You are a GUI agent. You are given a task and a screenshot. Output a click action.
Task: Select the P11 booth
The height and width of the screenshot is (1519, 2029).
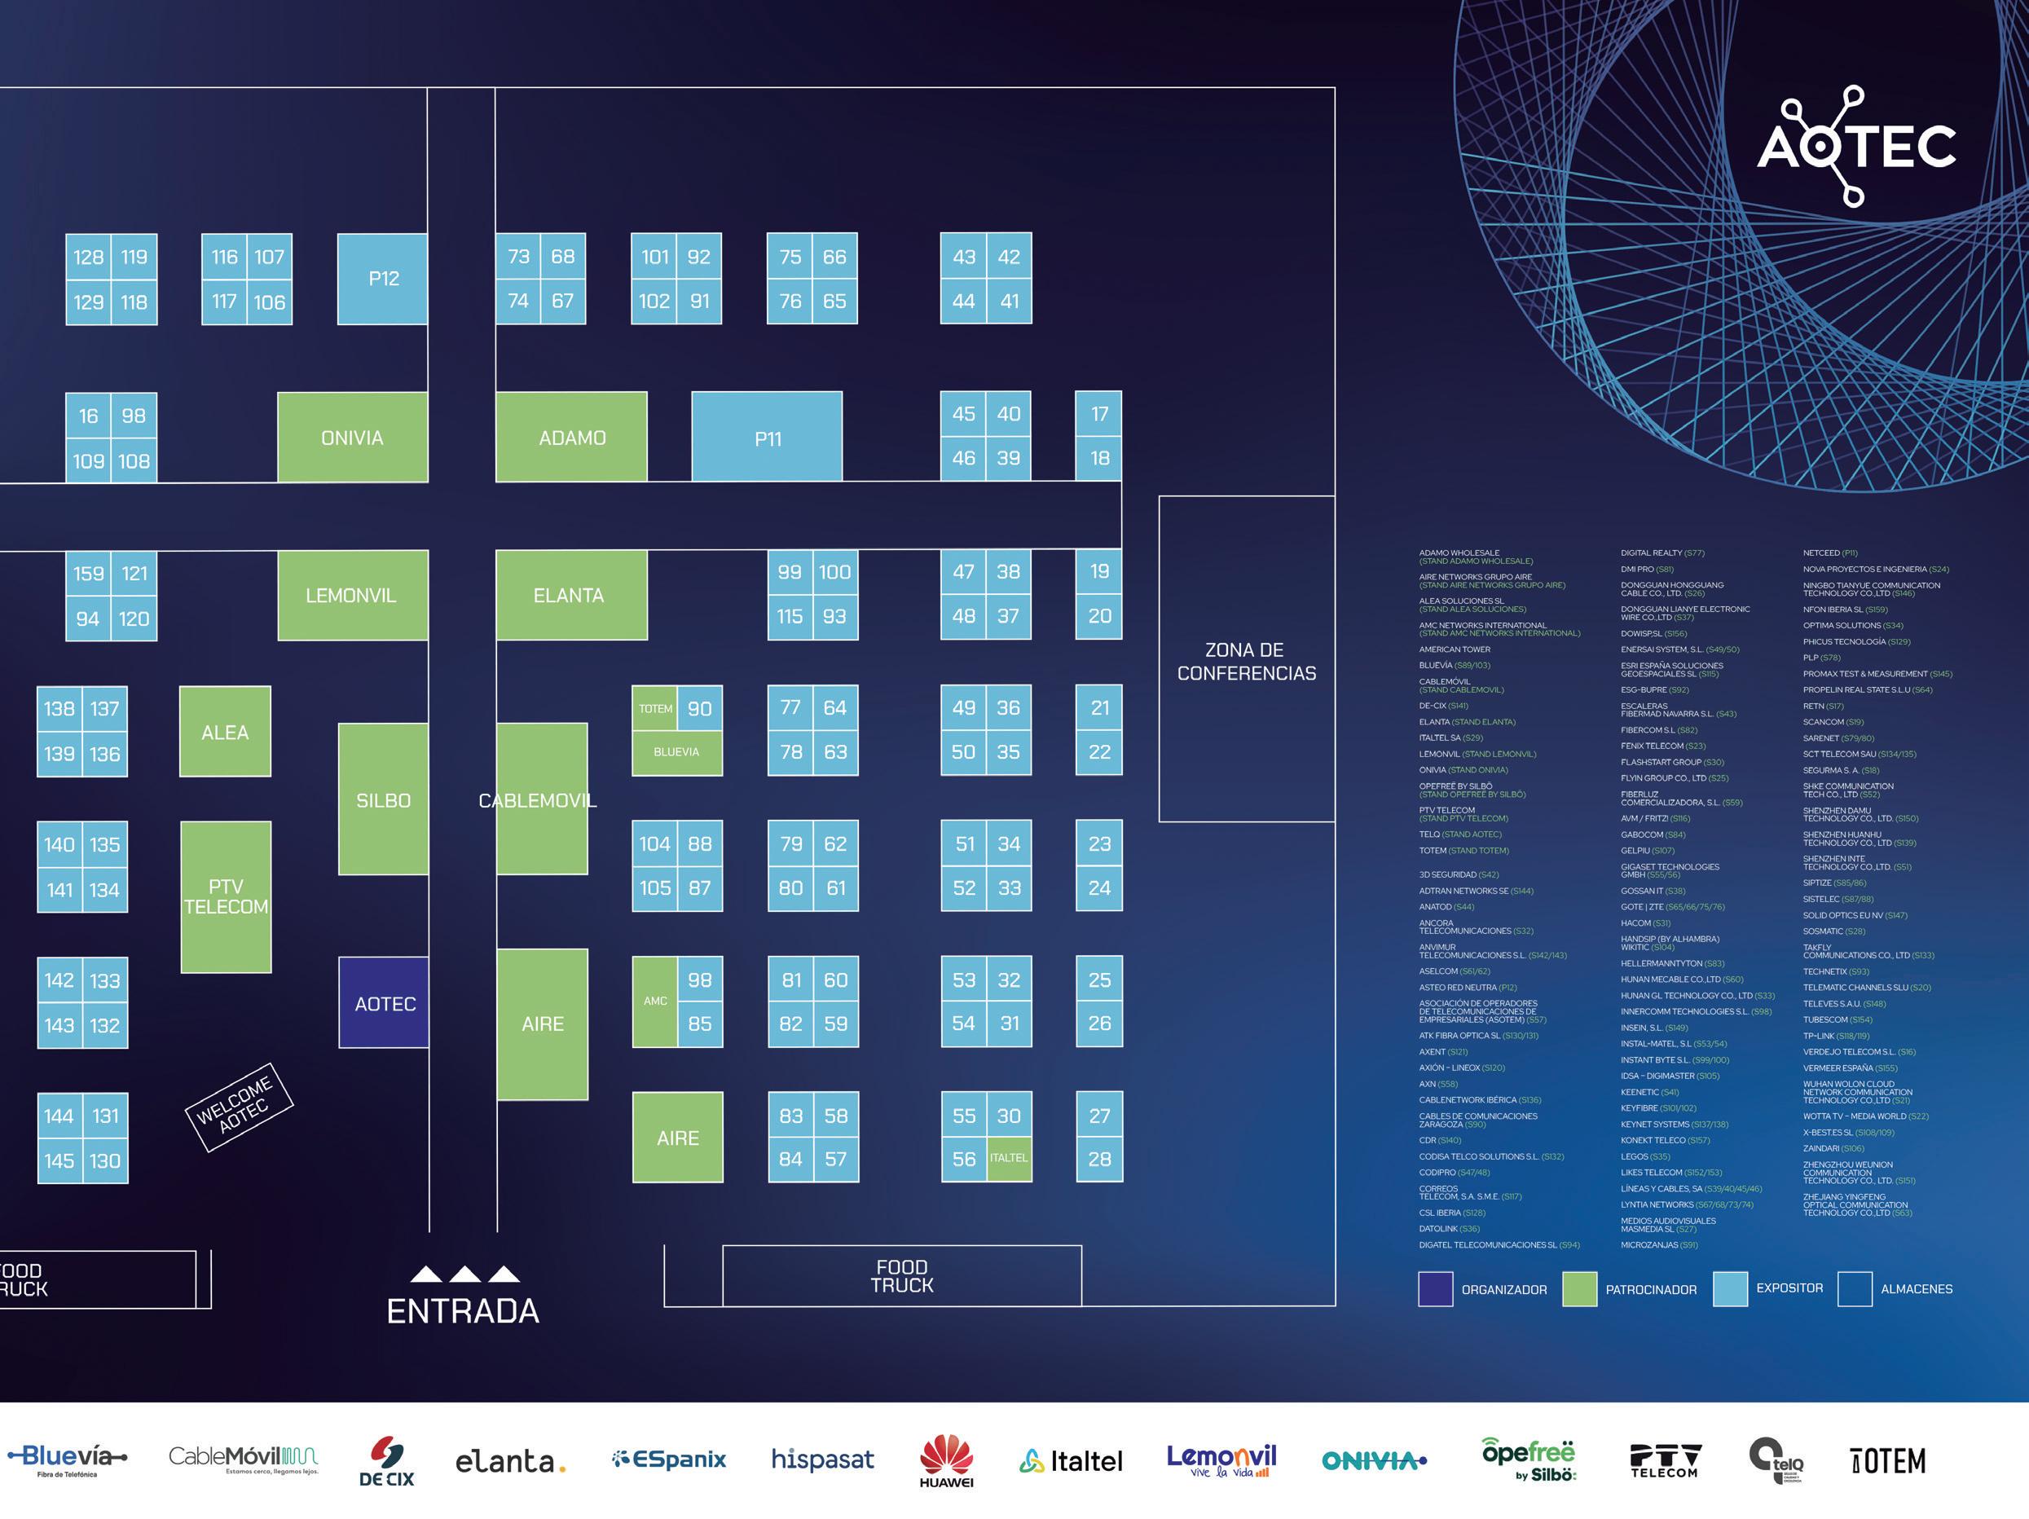point(767,438)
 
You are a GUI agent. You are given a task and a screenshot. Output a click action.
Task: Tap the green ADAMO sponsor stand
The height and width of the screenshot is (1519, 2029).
point(571,438)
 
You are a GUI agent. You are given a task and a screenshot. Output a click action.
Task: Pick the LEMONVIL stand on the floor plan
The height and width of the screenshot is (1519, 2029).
point(352,596)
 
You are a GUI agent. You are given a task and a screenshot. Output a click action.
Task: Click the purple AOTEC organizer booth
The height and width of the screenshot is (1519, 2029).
point(385,1002)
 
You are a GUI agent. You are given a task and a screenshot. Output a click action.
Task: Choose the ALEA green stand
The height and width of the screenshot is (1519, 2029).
point(225,731)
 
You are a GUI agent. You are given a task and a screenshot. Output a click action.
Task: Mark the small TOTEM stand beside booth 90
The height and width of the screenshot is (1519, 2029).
point(655,708)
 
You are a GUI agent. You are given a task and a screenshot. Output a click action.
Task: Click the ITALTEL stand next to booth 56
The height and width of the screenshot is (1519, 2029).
point(1008,1158)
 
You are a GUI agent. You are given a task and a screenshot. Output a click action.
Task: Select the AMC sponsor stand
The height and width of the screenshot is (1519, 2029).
point(655,1001)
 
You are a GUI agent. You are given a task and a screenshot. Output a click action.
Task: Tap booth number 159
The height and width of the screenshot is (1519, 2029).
point(88,574)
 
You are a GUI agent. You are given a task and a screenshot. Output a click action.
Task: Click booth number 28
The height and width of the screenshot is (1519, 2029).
point(1099,1159)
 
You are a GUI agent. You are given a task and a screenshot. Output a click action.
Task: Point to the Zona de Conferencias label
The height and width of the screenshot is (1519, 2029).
point(1246,660)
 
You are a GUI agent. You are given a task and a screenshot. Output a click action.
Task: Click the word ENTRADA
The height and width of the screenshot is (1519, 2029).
point(462,1310)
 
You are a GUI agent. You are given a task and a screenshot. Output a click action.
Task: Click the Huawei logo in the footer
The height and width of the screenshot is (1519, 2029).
point(946,1460)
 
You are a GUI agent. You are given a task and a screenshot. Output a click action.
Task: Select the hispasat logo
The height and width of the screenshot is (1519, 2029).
point(822,1459)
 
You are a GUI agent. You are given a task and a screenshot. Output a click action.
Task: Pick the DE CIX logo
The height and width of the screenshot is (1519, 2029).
point(386,1460)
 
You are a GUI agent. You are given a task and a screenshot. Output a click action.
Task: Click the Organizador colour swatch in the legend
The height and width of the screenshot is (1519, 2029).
point(1435,1288)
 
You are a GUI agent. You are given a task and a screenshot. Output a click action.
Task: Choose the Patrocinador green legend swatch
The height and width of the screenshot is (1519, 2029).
point(1578,1288)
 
